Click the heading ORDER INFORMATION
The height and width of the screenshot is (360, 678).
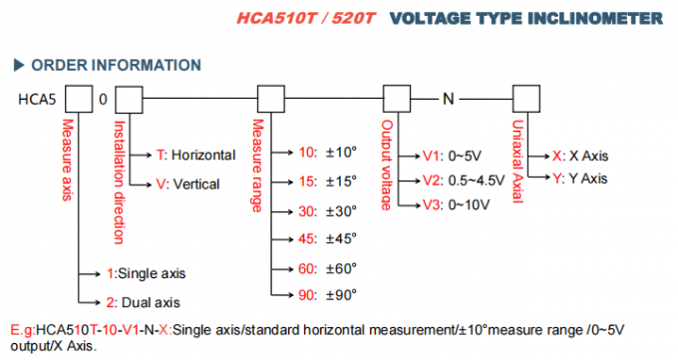115,65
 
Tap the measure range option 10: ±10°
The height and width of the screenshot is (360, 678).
326,153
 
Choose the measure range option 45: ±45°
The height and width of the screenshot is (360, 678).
326,239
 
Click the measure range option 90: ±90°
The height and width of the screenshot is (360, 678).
326,295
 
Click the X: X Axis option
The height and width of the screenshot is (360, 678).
580,157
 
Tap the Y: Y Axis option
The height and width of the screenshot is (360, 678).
580,180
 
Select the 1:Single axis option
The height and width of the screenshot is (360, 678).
146,272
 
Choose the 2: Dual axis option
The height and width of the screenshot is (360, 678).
144,300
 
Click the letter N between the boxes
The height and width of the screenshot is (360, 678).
449,101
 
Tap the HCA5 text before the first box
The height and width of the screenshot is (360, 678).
38,101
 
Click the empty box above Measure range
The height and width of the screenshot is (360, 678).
272,101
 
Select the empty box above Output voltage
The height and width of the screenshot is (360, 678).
396,101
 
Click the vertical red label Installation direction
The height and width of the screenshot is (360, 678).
119,181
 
